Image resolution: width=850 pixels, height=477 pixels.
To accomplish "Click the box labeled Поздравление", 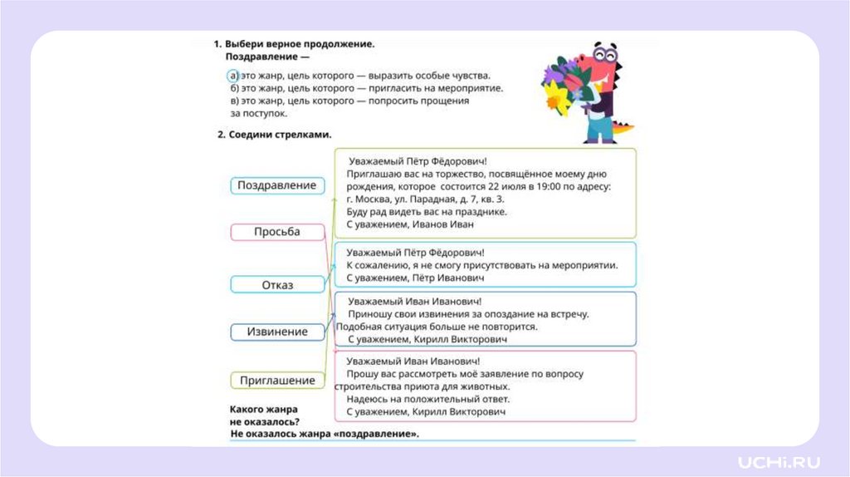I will click(276, 185).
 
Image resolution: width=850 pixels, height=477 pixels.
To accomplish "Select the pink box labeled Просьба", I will click(276, 232).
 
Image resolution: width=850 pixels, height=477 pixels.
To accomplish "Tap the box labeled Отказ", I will click(276, 285).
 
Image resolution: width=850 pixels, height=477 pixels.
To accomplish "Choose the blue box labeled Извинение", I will click(276, 332).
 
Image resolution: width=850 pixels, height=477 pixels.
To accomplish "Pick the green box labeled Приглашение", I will click(276, 381).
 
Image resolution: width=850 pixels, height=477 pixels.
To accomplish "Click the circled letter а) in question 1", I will click(234, 76).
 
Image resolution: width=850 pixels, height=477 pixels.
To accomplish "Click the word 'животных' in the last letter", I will click(481, 386).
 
